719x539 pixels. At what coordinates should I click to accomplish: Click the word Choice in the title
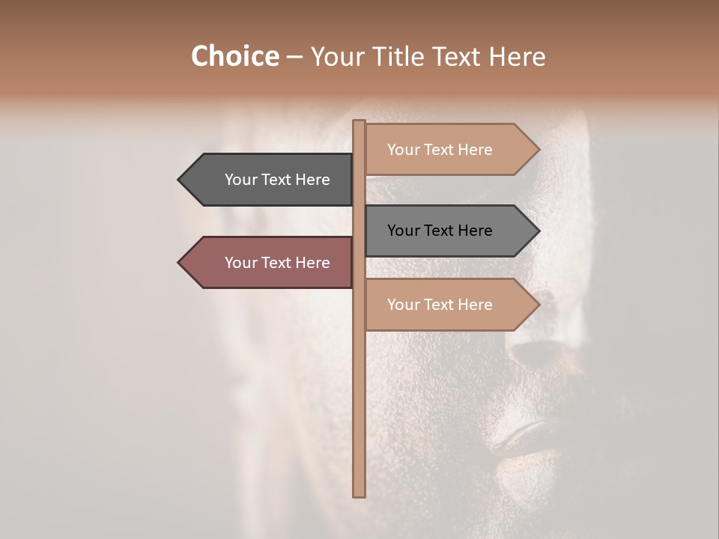[x=234, y=57]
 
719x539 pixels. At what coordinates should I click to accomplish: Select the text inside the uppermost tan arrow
[x=440, y=150]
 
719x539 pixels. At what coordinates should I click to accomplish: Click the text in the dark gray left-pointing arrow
[x=277, y=180]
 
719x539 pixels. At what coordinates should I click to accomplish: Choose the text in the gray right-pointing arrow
[x=440, y=231]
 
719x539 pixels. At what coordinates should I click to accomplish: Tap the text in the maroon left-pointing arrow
[x=277, y=263]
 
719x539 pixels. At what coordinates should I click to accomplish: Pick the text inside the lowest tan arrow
[x=440, y=305]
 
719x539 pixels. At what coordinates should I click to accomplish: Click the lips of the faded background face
[x=524, y=438]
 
